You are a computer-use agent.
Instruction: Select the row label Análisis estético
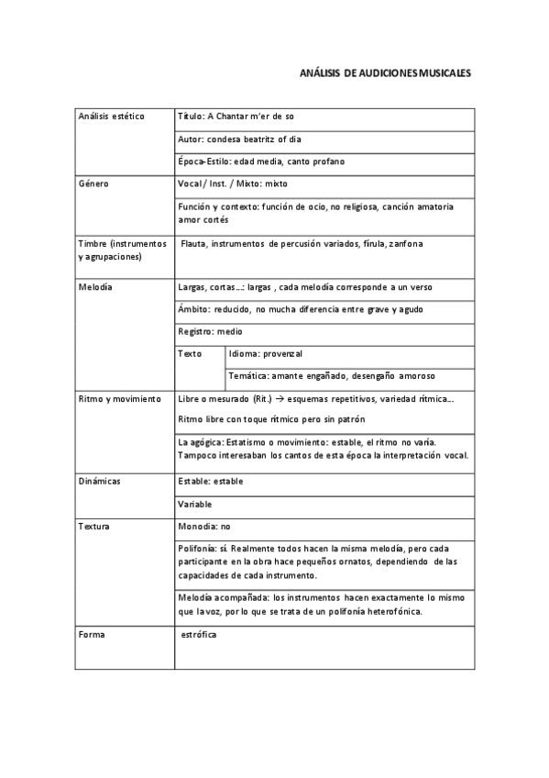(112, 117)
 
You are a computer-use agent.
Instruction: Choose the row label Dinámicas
(100, 481)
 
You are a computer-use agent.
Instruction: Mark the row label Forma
(91, 635)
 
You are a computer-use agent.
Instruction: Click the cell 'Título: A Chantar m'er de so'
(236, 117)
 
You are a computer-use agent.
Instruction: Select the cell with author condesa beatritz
(239, 139)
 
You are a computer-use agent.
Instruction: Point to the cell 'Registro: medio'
(211, 331)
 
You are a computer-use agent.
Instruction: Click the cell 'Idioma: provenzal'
(266, 353)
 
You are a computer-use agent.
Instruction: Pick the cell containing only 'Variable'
(195, 504)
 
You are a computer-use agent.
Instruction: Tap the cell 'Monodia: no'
(204, 526)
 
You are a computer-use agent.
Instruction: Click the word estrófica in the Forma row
(199, 635)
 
